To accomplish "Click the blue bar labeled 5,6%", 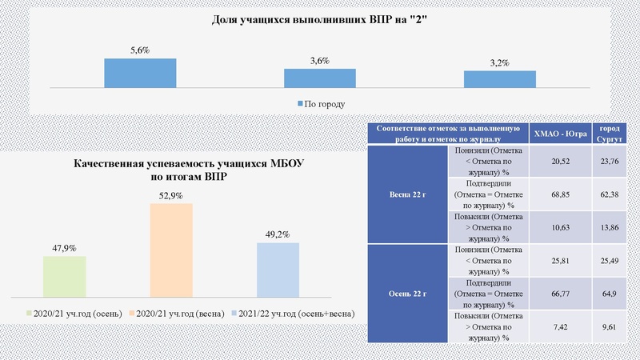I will pyautogui.click(x=140, y=72).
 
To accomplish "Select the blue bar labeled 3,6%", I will pyautogui.click(x=320, y=78).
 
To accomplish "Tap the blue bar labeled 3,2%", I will pyautogui.click(x=500, y=78).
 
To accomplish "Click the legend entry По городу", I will pyautogui.click(x=320, y=104).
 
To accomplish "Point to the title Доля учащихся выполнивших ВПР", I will pyautogui.click(x=320, y=22).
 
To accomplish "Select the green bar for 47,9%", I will pyautogui.click(x=64, y=276).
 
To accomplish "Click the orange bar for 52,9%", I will pyautogui.click(x=171, y=250).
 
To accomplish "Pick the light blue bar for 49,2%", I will pyautogui.click(x=278, y=269).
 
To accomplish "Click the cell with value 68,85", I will pyautogui.click(x=560, y=194).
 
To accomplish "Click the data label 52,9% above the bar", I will pyautogui.click(x=171, y=195).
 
